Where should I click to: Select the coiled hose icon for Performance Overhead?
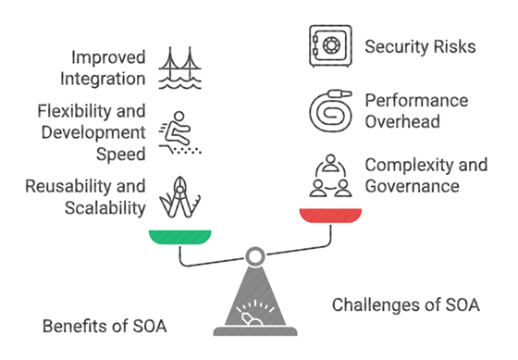[329, 109]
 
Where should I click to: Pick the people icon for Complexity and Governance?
[329, 176]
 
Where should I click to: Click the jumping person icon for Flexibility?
[179, 132]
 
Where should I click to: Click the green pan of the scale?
[180, 237]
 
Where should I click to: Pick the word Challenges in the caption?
[374, 304]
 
